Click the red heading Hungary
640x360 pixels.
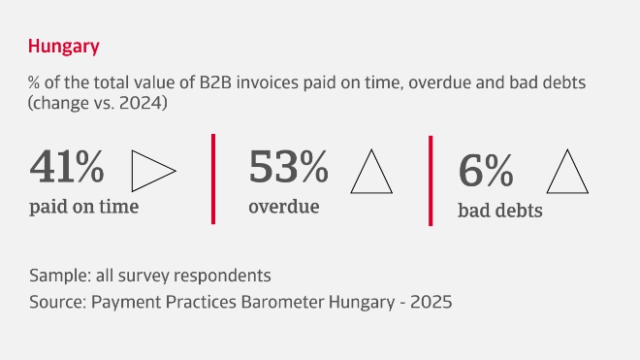[63, 46]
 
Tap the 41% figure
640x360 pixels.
[67, 168]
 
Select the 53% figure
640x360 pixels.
[288, 168]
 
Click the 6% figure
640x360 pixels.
[485, 172]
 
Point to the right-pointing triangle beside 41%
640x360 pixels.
[151, 171]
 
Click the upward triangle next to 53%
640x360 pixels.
[371, 172]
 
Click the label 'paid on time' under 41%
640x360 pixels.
[83, 207]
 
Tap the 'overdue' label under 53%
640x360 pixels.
[283, 207]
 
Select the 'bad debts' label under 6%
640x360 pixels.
[499, 211]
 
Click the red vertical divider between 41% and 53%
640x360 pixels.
[212, 179]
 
